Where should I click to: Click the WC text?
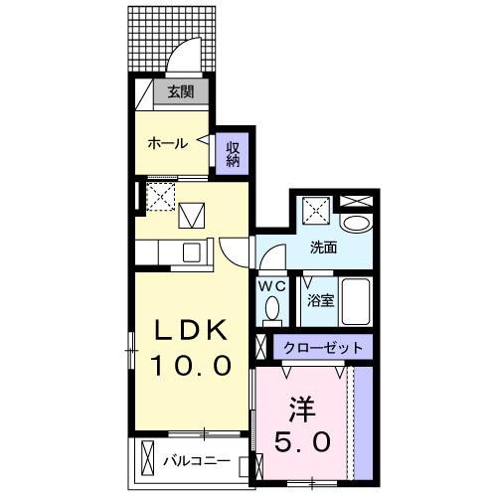click(271, 286)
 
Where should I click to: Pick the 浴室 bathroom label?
click(320, 299)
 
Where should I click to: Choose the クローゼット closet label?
click(322, 349)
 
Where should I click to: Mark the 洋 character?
click(305, 408)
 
